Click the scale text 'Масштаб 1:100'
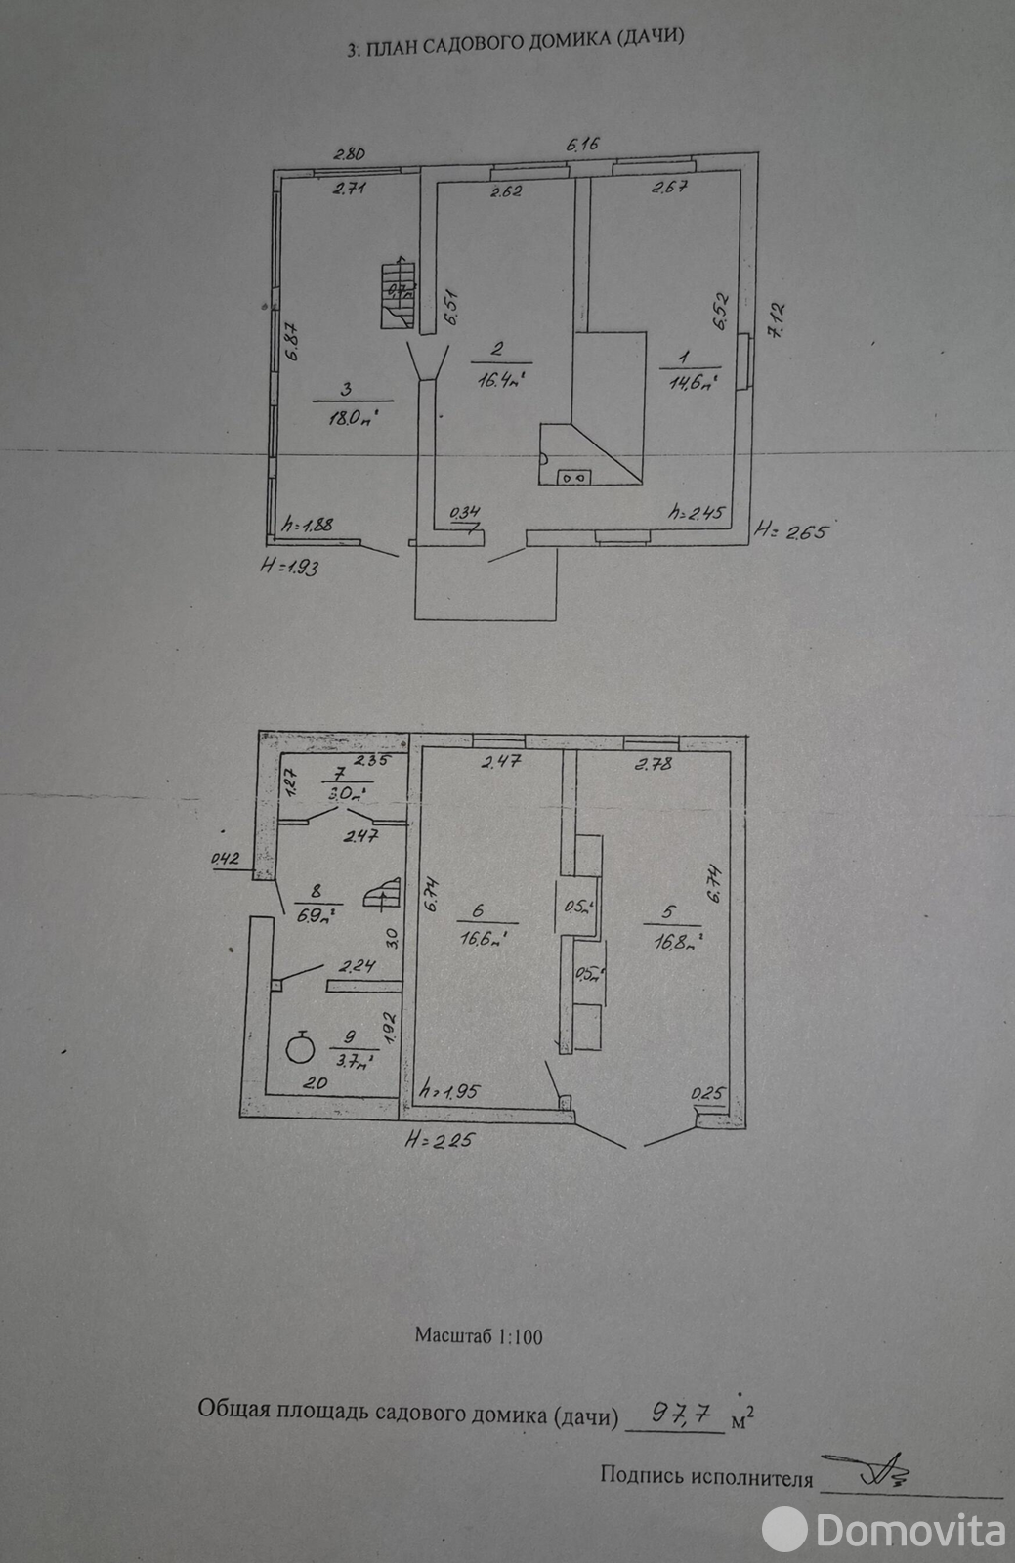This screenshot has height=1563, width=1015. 479,1335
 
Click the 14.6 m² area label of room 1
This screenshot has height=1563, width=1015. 691,381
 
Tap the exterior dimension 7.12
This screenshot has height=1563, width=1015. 779,318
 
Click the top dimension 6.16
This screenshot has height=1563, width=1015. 582,145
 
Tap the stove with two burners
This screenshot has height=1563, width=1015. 573,477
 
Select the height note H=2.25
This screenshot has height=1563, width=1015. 440,1139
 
